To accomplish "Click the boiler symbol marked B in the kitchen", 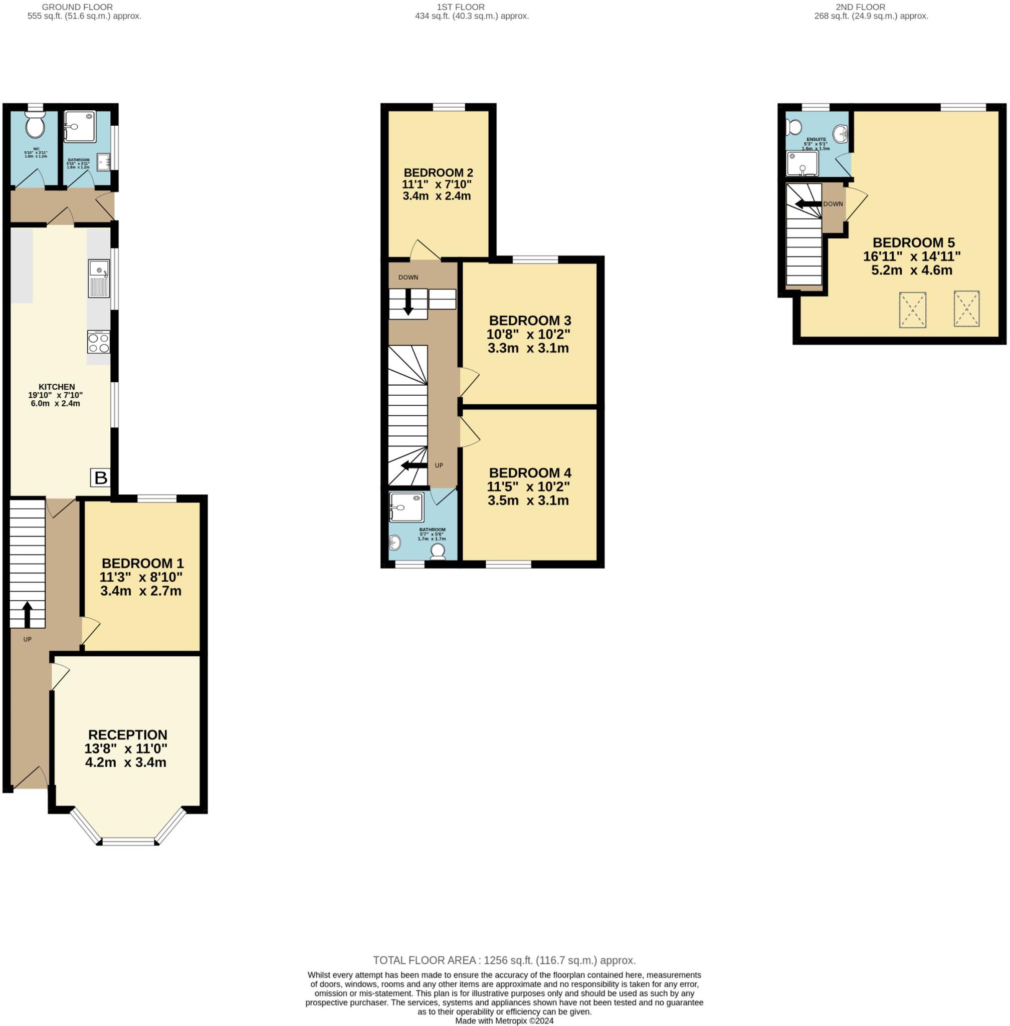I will point(100,478).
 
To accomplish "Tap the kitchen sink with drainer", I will point(99,279).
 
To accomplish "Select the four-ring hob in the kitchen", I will point(99,342).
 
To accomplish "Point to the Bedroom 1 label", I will point(142,563).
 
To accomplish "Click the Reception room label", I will point(127,735).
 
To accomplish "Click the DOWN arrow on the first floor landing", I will point(408,303).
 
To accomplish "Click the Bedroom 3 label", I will point(529,320).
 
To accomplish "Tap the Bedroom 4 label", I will point(529,472).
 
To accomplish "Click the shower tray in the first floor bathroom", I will point(407,507).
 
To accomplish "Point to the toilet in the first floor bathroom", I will point(438,551).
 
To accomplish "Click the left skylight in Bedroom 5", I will point(912,310).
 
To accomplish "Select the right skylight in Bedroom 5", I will point(966,309).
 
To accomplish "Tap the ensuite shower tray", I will point(802,164).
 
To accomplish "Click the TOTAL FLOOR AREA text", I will point(504,960).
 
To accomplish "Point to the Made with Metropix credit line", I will point(504,1020).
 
